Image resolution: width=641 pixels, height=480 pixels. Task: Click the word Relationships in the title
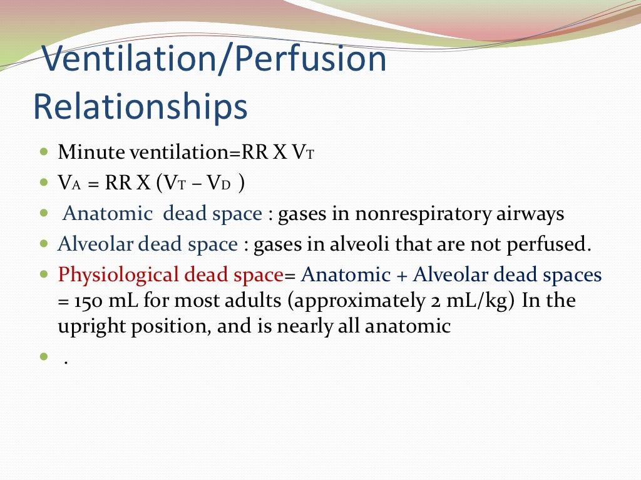[x=140, y=107]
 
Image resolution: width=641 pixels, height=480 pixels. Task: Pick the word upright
[x=85, y=327]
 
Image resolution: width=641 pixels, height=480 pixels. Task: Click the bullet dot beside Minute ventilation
[x=43, y=152]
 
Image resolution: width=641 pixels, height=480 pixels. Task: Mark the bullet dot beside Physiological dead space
[x=43, y=274]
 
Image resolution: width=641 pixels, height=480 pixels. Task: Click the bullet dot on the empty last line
[x=43, y=357]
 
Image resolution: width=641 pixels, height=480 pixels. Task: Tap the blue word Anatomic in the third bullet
[x=108, y=214]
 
